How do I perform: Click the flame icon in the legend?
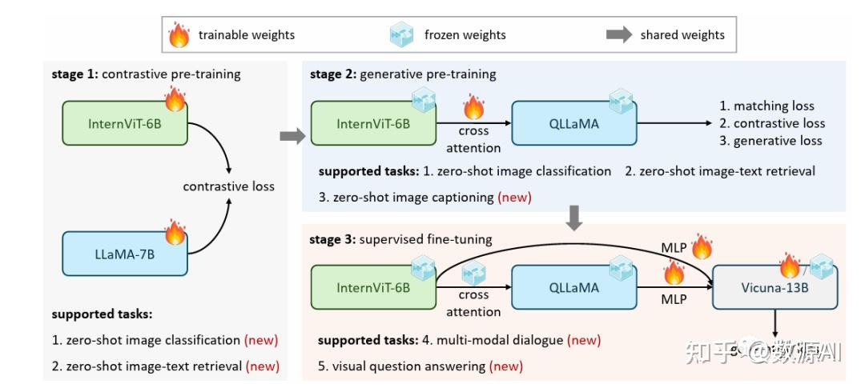click(178, 34)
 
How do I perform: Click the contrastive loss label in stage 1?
click(228, 186)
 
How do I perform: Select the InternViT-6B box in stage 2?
click(372, 123)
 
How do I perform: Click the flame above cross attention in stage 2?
click(474, 106)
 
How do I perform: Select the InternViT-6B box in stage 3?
click(372, 287)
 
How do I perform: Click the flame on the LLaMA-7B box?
click(175, 233)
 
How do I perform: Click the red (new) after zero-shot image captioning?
click(514, 197)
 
